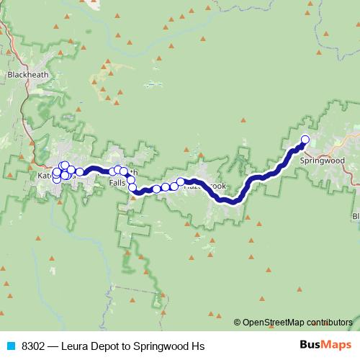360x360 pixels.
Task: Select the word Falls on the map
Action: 117,184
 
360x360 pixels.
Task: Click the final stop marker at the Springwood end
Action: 305,140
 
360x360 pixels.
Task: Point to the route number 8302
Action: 34,346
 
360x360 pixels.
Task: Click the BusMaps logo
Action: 322,346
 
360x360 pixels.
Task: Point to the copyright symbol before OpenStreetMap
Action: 238,322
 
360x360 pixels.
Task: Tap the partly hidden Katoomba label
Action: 45,175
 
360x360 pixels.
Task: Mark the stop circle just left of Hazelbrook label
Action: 181,182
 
